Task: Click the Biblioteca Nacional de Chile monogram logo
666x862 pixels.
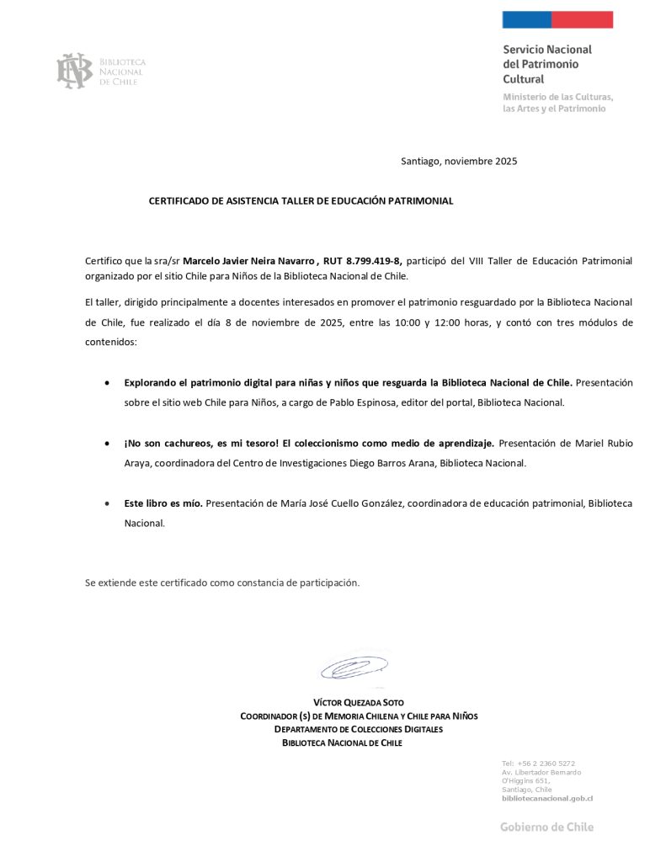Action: click(x=74, y=71)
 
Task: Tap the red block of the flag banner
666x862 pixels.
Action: click(x=582, y=19)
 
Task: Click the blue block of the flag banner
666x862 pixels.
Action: click(x=526, y=19)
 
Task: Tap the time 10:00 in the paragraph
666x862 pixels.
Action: click(x=416, y=322)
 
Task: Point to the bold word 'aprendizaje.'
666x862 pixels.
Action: click(x=468, y=443)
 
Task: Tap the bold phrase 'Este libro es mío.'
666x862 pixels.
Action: click(x=163, y=503)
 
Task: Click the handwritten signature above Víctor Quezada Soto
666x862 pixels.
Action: click(x=354, y=668)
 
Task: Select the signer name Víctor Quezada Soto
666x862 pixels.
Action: click(x=359, y=702)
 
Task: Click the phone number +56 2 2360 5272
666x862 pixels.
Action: click(x=546, y=764)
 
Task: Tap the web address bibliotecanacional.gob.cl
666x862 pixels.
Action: click(x=547, y=798)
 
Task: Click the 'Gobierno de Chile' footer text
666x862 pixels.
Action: click(x=546, y=827)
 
